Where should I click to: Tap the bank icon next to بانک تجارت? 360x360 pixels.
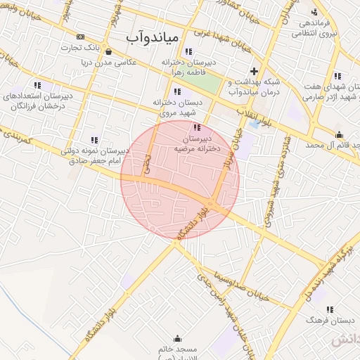tap(81, 37)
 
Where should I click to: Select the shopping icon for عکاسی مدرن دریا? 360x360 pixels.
tap(108, 51)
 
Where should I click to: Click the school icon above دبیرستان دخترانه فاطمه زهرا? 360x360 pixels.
tap(188, 51)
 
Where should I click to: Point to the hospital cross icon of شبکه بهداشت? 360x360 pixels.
tap(255, 71)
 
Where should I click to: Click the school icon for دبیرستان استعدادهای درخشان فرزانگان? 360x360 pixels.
tap(37, 85)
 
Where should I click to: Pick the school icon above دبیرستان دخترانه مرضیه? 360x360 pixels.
tap(196, 127)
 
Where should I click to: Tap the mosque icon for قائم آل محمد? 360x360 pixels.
tap(339, 134)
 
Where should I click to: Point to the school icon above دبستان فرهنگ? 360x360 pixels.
tap(329, 309)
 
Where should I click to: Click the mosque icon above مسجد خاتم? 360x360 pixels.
tap(176, 338)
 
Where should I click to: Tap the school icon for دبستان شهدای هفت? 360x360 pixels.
tap(337, 76)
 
